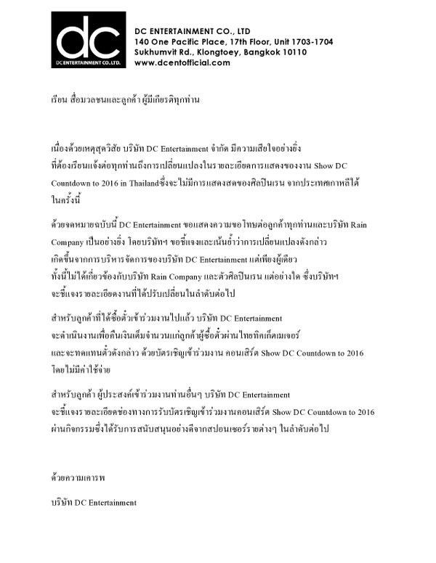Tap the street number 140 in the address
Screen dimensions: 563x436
[x=142, y=42]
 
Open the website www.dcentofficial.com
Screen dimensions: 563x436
[x=182, y=63]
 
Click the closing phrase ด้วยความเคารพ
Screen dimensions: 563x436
[x=75, y=479]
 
